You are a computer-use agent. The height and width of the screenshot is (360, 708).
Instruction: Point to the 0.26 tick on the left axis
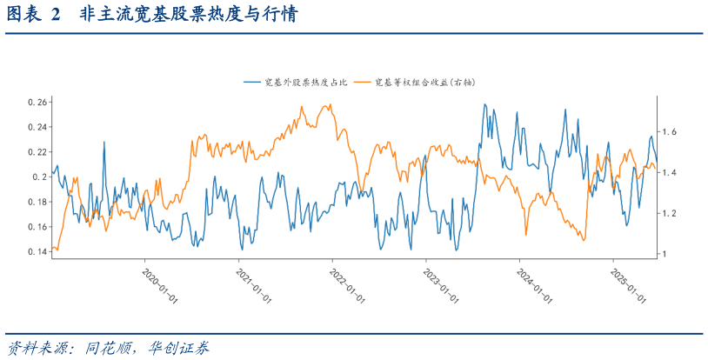[x=37, y=102]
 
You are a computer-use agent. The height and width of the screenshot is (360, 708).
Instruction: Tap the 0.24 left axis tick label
[x=37, y=127]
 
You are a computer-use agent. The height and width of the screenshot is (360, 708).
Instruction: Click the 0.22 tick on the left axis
[x=37, y=152]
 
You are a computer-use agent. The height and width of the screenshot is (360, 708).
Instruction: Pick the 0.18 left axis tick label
[x=37, y=202]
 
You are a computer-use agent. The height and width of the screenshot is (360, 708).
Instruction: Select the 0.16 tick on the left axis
[x=37, y=227]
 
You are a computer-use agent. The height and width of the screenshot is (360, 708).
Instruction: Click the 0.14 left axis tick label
[x=37, y=252]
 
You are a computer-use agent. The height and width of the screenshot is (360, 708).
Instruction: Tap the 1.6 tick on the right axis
[x=671, y=132]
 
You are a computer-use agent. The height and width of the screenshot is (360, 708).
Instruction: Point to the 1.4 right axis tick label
[x=671, y=173]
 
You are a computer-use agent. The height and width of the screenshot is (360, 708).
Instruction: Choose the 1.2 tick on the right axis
[x=671, y=214]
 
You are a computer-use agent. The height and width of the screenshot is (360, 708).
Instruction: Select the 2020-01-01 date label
[x=159, y=285]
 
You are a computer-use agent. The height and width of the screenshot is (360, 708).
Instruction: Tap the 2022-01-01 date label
[x=347, y=285]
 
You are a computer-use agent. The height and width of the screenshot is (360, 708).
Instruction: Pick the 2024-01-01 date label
[x=534, y=285]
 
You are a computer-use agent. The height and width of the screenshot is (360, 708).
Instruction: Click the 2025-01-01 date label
[x=628, y=285]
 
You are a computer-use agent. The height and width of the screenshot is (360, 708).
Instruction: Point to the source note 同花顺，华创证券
[x=147, y=348]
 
